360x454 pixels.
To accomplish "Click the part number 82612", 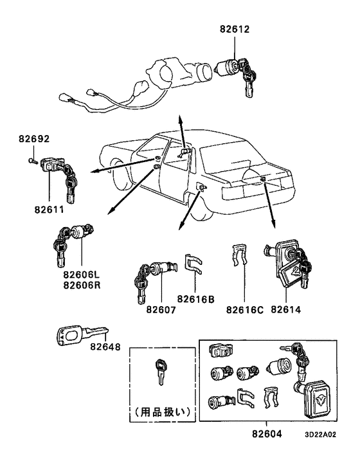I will pyautogui.click(x=234, y=30).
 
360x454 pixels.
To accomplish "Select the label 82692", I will pyautogui.click(x=34, y=138).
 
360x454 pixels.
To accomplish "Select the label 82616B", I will pyautogui.click(x=197, y=298).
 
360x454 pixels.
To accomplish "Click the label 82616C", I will pyautogui.click(x=244, y=310).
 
